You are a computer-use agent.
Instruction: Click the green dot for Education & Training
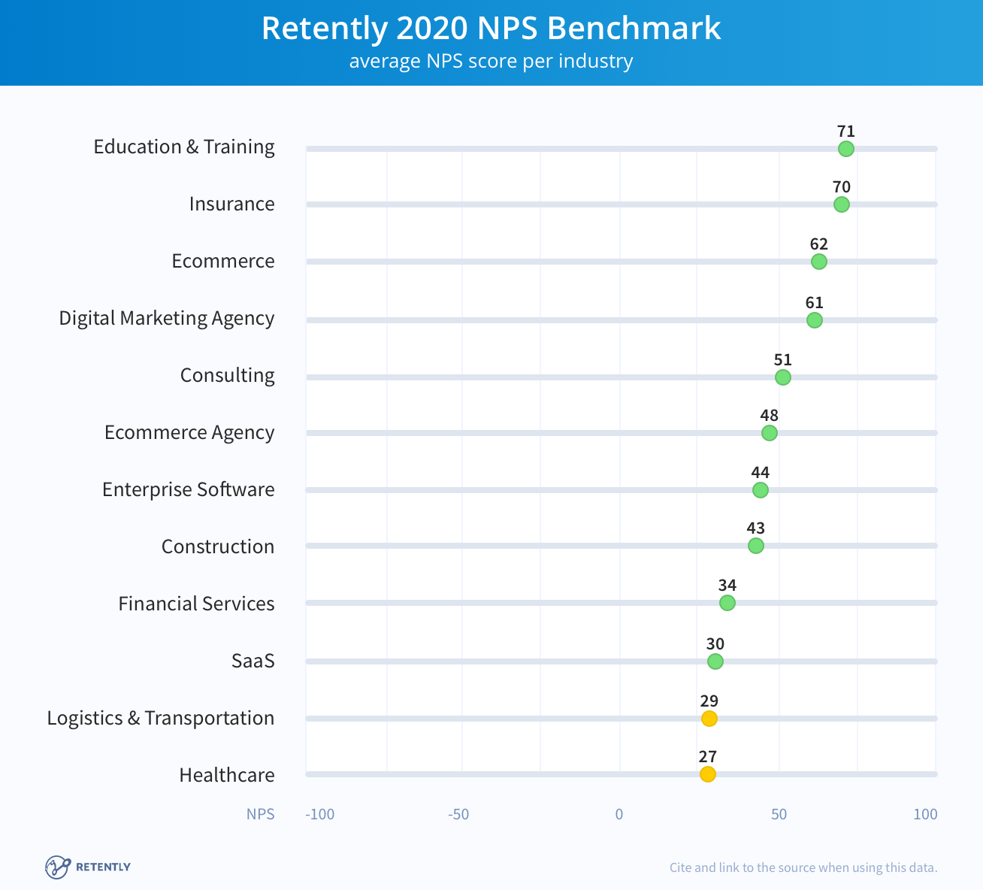click(x=845, y=149)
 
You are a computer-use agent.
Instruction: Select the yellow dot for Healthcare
click(x=707, y=774)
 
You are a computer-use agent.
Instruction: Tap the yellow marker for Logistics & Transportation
click(x=709, y=719)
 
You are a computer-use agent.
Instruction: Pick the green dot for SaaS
click(x=715, y=661)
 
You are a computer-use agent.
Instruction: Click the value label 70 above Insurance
click(x=841, y=187)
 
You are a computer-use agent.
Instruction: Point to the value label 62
click(x=818, y=244)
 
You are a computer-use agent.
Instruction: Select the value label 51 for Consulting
click(x=782, y=360)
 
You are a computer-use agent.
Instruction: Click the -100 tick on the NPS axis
click(x=319, y=814)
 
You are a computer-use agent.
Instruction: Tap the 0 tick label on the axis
click(x=619, y=814)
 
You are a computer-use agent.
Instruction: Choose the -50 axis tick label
click(x=458, y=814)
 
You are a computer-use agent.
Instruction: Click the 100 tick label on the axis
click(x=925, y=814)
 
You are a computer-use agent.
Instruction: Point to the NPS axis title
click(x=260, y=814)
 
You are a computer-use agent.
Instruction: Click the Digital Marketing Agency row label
click(x=166, y=318)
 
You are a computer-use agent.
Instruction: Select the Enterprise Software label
click(x=188, y=489)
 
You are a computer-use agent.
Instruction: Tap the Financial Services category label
click(x=196, y=604)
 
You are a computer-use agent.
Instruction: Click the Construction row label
click(x=217, y=546)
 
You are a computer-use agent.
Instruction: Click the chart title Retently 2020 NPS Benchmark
click(x=491, y=29)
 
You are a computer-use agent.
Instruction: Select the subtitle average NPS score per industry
click(x=491, y=61)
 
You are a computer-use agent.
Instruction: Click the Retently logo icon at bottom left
click(x=57, y=867)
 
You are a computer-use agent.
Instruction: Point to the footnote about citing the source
click(x=803, y=867)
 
